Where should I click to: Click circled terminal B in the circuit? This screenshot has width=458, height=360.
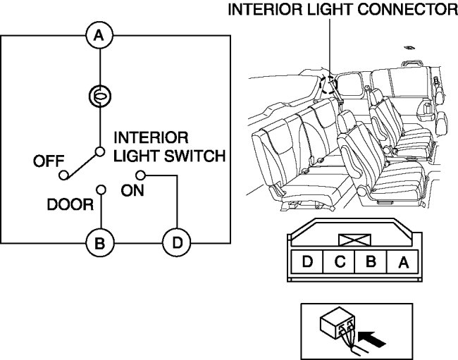tap(100, 244)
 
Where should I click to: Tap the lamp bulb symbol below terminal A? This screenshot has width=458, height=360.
tap(100, 94)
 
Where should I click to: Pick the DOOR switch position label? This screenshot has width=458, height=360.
tap(70, 205)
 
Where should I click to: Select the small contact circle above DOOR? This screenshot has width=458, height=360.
tap(101, 190)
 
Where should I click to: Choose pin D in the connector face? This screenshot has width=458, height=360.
tap(307, 263)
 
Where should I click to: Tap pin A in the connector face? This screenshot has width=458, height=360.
tap(403, 263)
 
